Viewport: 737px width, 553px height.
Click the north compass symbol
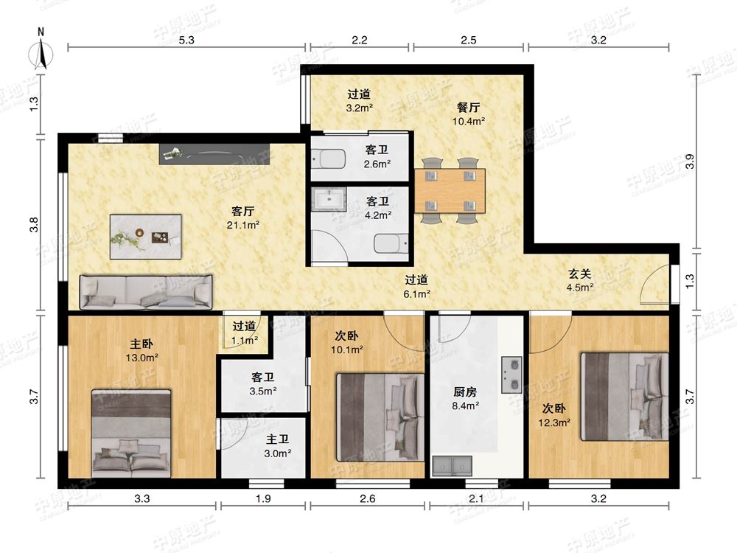[41, 52]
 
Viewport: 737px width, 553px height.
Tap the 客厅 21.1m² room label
[243, 218]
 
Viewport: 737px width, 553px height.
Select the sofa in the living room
[146, 292]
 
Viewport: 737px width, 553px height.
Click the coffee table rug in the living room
[146, 237]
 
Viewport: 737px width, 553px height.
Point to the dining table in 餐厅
[450, 191]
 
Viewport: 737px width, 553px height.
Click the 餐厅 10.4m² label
[469, 114]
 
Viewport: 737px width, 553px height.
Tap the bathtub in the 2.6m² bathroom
[329, 158]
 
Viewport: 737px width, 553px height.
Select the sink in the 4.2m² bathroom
[329, 199]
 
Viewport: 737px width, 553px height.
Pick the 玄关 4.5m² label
[580, 280]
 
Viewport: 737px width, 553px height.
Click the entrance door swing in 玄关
[654, 284]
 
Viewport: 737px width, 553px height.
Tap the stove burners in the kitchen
[511, 375]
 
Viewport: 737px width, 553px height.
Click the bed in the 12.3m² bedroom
[625, 397]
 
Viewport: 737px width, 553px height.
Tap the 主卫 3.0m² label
[278, 446]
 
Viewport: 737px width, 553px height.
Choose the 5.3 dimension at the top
[186, 40]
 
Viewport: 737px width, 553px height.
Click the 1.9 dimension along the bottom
[263, 498]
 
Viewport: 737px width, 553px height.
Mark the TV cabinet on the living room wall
[214, 154]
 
